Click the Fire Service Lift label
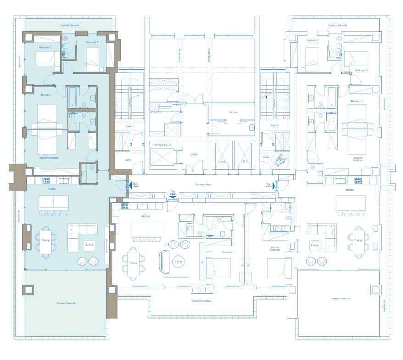pos(162,145)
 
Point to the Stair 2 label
pos(274,125)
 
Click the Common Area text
pos(203,184)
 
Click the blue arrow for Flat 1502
pos(173,197)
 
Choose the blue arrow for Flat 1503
pos(274,186)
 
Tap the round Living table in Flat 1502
pos(178,262)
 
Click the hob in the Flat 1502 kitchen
pos(124,206)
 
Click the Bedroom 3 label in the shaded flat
pos(92,42)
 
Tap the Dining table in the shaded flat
pos(46,241)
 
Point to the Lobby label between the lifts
pos(194,155)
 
